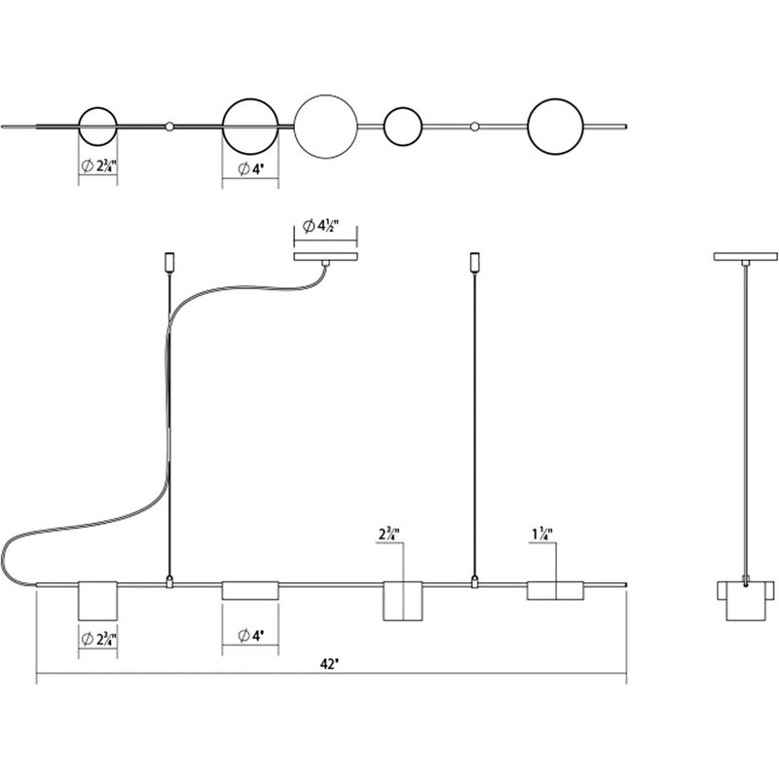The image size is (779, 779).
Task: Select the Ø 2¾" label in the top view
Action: pyautogui.click(x=97, y=166)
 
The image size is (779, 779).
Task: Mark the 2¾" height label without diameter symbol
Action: pyautogui.click(x=390, y=534)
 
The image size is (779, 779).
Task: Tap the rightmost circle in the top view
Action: pyautogui.click(x=556, y=127)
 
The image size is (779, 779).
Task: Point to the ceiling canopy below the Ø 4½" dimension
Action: pyautogui.click(x=326, y=257)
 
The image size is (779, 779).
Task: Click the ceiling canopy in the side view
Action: pyautogui.click(x=746, y=257)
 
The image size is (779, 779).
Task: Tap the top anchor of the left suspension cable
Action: pyautogui.click(x=169, y=263)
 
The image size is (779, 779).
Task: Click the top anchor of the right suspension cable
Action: pyautogui.click(x=475, y=263)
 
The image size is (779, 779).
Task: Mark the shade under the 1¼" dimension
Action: pyautogui.click(x=555, y=590)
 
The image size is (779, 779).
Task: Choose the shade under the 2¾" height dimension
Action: pyautogui.click(x=402, y=603)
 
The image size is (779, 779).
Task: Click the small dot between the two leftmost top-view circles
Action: pyautogui.click(x=169, y=126)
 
